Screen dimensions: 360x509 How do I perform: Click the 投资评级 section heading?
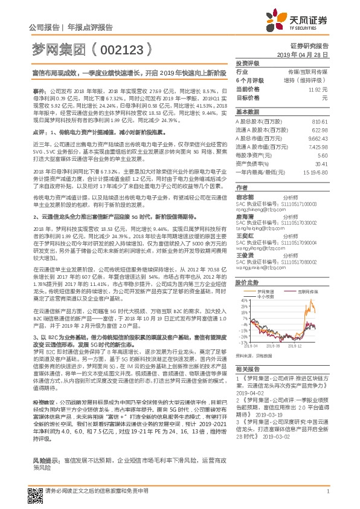[247, 63]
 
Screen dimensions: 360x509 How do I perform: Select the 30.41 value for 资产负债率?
[321, 163]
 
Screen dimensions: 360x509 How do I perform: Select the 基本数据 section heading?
[247, 112]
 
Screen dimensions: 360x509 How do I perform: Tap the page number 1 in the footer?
[327, 496]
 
